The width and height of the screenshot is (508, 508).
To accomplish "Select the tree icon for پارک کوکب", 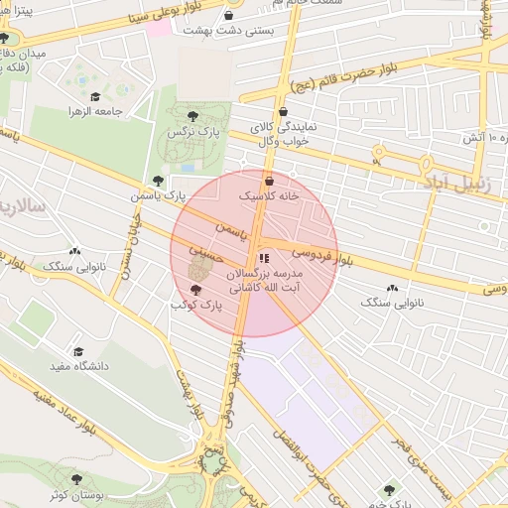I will click(194, 290).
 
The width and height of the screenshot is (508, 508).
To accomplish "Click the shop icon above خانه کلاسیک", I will click(270, 181).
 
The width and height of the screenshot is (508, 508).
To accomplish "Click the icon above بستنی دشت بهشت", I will click(230, 16).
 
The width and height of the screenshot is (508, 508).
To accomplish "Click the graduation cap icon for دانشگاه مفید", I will click(78, 351).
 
